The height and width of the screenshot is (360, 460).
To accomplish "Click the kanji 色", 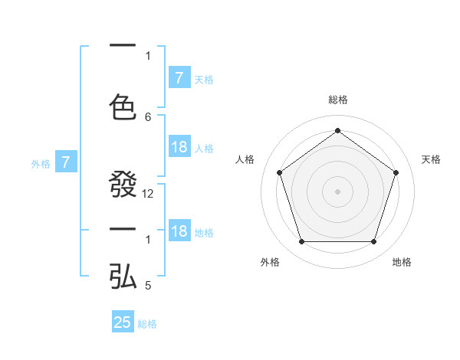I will pos(123,106).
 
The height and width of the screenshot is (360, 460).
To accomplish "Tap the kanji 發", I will pos(123,186).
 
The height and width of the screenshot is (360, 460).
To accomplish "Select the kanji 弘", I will pos(123,277).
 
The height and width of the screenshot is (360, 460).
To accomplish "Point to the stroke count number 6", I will pos(148,116).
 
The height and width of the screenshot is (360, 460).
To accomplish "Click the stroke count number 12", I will pos(148,194).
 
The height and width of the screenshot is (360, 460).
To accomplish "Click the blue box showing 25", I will pos(123,322).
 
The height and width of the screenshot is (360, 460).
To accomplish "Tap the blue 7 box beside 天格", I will pos(179,78).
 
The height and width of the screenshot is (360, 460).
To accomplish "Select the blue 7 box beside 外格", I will pos(67,162).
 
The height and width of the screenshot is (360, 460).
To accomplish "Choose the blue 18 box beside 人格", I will pos(179,148).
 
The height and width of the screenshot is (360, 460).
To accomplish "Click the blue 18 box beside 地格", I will pos(179,232).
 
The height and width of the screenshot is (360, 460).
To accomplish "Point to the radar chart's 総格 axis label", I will pos(338,100).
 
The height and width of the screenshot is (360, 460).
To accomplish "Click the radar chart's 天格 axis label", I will pos(431,159).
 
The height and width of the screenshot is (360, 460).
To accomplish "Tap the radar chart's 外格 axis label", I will pos(270,262).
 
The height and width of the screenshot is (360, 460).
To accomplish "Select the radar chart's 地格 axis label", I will pos(402,262).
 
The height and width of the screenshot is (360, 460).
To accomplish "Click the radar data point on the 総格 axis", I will pos(338,130).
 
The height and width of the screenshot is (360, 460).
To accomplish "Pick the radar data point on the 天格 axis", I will pos(396,172).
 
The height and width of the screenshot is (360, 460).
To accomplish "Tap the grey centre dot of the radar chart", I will pos(338,191).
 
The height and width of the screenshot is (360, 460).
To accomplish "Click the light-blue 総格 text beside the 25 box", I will pos(147,324).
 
